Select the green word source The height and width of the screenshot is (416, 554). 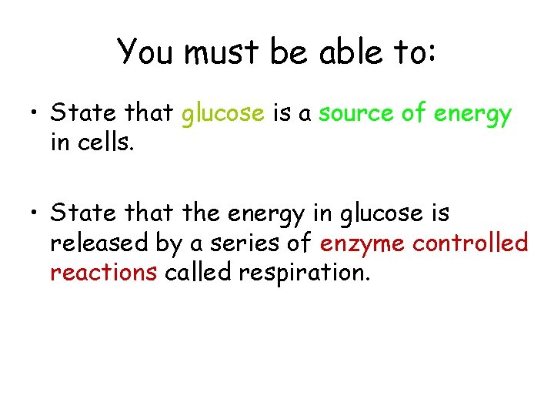pyautogui.click(x=356, y=114)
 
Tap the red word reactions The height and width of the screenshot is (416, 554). pyautogui.click(x=104, y=273)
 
